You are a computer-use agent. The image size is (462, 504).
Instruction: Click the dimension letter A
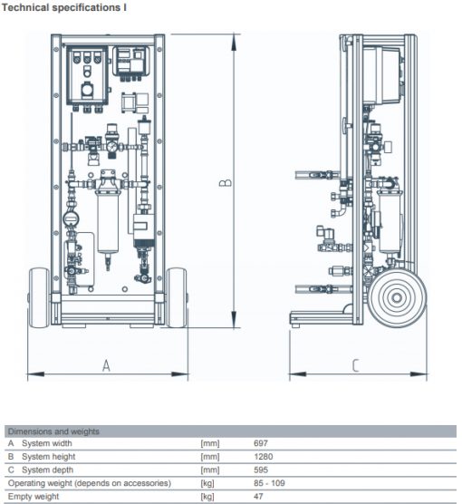coord(106,366)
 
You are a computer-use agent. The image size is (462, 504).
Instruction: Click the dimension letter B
coord(226,182)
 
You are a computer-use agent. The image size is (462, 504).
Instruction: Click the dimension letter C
coord(355,366)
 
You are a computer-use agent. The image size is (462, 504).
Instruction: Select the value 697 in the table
coord(261,443)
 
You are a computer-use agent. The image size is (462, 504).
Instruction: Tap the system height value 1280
coord(263,457)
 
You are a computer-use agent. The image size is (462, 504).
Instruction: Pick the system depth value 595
coord(261,470)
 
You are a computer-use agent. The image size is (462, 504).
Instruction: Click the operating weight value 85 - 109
coord(269,483)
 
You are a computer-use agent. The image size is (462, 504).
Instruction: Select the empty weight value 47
coord(258,496)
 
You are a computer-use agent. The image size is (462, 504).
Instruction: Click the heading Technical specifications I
coord(64,7)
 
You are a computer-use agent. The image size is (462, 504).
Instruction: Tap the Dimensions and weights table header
coord(53,431)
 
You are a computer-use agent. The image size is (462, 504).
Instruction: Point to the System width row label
coord(47,443)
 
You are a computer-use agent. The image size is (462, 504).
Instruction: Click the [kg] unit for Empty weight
coord(207,497)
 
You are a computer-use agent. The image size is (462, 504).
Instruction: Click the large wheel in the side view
coord(397,297)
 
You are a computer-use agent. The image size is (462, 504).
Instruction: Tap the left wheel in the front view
coord(39,297)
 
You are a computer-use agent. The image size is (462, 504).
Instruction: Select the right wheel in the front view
coord(177,297)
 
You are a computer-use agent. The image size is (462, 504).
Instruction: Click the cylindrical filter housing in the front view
coord(108,222)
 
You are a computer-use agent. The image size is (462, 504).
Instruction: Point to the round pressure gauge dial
coord(112,147)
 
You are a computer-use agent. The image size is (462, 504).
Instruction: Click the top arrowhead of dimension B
coord(234,42)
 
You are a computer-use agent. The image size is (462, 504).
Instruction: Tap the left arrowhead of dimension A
coord(35,374)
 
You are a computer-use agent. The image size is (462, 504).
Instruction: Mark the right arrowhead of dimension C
coord(419,374)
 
